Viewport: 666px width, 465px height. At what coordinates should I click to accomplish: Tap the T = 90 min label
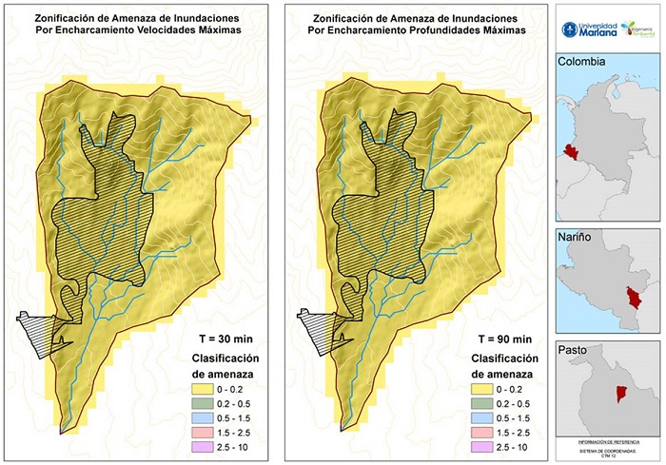(x=498, y=339)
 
